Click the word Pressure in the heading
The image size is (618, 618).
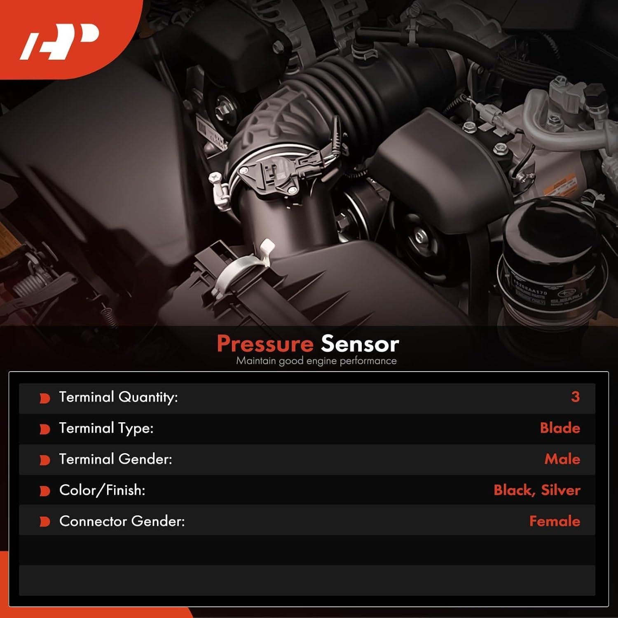[265, 344]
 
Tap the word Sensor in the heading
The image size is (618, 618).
[360, 344]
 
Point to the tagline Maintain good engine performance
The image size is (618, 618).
[316, 361]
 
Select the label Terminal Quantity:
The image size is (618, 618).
[118, 397]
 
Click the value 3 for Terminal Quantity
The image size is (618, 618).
[575, 397]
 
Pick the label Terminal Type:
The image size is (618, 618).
[106, 428]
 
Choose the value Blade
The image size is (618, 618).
[559, 428]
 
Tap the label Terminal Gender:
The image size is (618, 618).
[115, 459]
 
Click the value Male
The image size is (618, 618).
[562, 459]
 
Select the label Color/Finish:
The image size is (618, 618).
[102, 490]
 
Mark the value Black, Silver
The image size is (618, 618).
[536, 490]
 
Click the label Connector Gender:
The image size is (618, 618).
[122, 521]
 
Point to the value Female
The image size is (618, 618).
[554, 521]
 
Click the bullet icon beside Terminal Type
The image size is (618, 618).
[44, 429]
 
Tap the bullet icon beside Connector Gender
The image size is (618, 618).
[44, 522]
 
